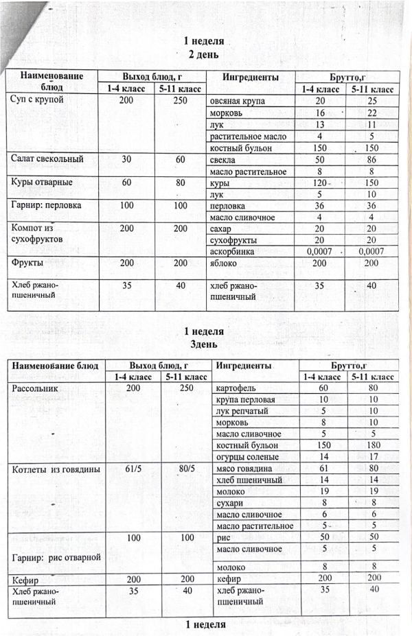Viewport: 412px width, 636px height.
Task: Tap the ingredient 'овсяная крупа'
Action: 237,101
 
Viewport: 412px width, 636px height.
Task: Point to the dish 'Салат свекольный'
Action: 47,159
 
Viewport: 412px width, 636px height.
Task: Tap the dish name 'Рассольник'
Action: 34,388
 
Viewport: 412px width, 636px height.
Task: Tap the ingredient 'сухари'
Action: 230,503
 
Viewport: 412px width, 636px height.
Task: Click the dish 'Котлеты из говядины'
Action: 56,469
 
